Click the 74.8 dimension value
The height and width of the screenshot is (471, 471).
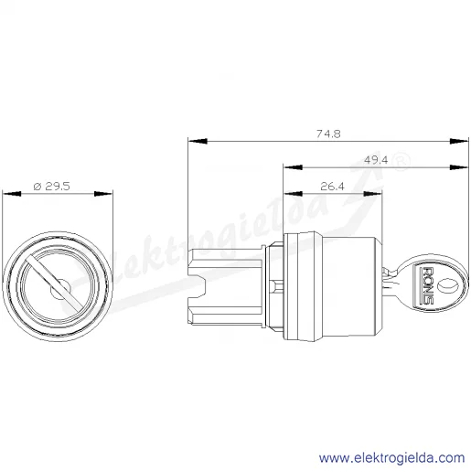pyautogui.click(x=328, y=134)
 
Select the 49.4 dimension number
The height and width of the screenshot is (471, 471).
pyautogui.click(x=376, y=160)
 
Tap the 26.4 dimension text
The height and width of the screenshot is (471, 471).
pyautogui.click(x=332, y=186)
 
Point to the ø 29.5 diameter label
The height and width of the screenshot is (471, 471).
pyautogui.click(x=51, y=186)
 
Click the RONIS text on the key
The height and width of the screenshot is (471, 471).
pyautogui.click(x=428, y=285)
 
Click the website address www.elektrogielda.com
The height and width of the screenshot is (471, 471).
pyautogui.click(x=391, y=458)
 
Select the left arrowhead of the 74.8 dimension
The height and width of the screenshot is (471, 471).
pyautogui.click(x=198, y=141)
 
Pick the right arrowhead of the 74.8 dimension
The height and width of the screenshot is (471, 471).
pyautogui.click(x=459, y=141)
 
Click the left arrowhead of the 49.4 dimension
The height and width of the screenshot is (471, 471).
pyautogui.click(x=293, y=167)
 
